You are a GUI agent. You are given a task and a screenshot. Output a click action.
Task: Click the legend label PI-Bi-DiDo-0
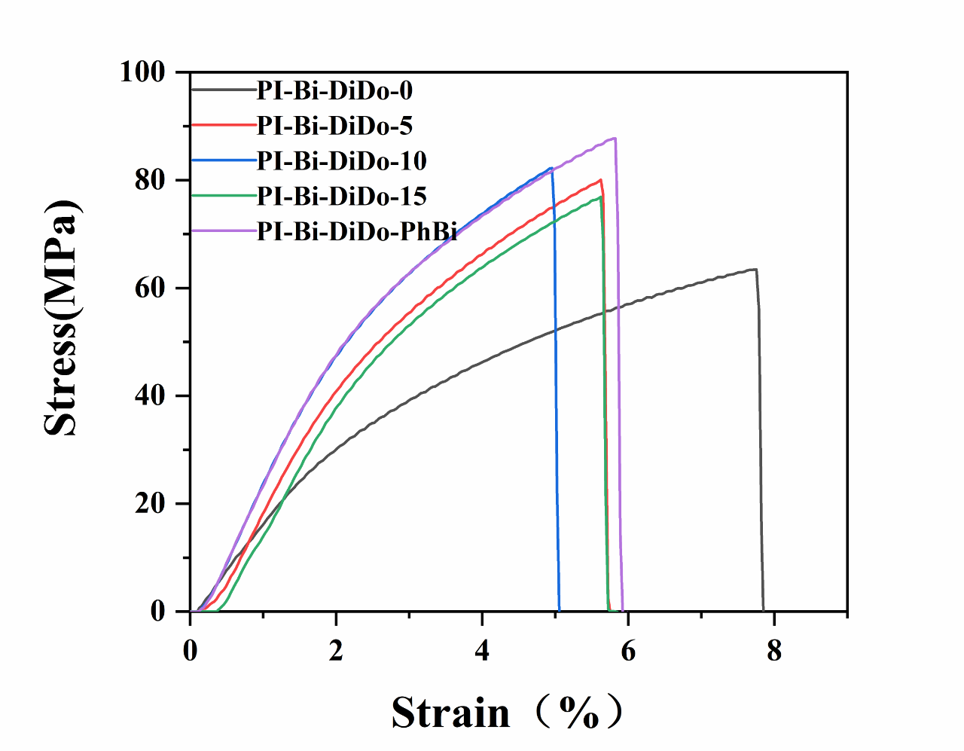(334, 90)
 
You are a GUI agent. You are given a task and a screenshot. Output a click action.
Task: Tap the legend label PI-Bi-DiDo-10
(341, 160)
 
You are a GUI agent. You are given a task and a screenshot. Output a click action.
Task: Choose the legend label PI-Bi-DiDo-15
(341, 196)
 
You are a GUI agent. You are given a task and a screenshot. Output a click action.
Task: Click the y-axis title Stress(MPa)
(60, 318)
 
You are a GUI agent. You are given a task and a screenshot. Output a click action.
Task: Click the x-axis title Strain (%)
(506, 712)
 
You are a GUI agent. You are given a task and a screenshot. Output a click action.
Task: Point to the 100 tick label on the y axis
(142, 72)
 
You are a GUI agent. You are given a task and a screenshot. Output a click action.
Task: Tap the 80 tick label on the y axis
(150, 181)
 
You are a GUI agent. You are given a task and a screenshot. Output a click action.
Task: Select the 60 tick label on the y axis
(150, 288)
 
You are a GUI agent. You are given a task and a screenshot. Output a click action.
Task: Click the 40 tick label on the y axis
(150, 396)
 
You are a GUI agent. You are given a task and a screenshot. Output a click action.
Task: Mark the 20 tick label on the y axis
(150, 504)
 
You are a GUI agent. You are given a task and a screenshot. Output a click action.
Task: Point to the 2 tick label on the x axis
(336, 650)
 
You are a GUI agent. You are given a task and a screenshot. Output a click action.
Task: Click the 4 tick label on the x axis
(482, 650)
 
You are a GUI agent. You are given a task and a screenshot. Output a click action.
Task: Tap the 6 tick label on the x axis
(628, 650)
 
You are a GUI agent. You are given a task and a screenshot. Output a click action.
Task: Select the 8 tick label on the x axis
(774, 650)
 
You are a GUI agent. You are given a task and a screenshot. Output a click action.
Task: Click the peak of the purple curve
(615, 138)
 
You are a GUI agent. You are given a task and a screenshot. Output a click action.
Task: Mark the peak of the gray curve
(755, 269)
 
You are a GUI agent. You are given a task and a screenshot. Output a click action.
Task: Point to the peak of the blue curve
(552, 168)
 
